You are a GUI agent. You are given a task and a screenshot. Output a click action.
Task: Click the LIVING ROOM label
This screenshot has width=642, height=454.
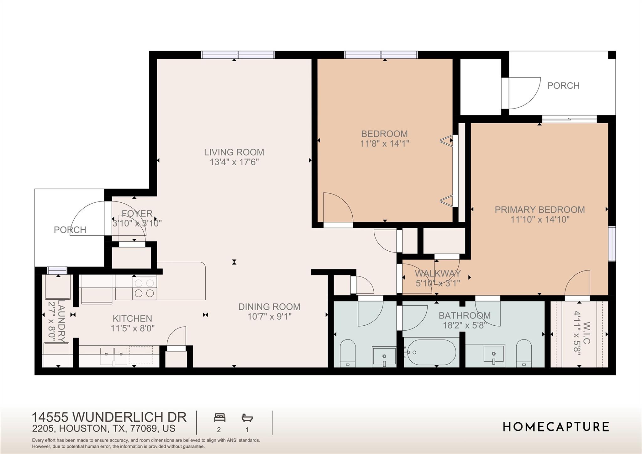point(234,152)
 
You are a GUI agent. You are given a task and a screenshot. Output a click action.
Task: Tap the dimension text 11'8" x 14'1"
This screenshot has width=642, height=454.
point(384,144)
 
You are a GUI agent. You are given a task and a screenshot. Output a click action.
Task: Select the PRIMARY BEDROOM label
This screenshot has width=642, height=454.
point(539,210)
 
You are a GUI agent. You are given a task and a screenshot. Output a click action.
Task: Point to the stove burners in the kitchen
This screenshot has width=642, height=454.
point(144,288)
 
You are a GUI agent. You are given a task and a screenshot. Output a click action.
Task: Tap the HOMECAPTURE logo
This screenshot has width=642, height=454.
point(556,427)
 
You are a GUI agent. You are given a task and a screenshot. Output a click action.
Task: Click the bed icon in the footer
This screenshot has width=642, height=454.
point(219,418)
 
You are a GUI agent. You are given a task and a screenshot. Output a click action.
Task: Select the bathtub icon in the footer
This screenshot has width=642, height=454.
point(247,418)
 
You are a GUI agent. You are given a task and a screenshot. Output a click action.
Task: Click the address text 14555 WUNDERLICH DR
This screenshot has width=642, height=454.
point(109,417)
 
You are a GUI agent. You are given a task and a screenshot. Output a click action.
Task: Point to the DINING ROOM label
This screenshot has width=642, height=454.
point(269,307)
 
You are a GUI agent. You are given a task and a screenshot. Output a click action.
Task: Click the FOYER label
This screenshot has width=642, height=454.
point(137,213)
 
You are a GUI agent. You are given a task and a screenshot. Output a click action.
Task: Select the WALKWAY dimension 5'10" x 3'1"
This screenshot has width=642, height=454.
point(438,283)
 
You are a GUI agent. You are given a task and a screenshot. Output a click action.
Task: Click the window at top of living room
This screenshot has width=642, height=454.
point(238,55)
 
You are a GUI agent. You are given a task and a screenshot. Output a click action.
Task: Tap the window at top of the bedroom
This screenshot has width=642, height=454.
point(381,55)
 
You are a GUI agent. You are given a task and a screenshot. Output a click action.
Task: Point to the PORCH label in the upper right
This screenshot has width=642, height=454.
point(563,85)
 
